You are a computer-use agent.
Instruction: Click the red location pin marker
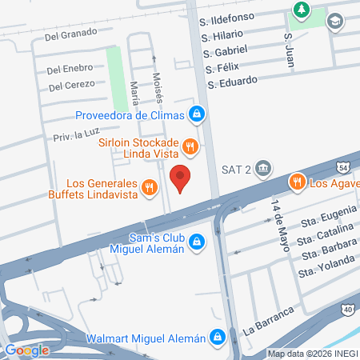pos(181,178)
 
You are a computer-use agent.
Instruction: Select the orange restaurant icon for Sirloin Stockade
pos(190,146)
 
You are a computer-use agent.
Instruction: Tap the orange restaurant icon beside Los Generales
pos(148,188)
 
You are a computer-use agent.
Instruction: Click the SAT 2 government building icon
pos(264,169)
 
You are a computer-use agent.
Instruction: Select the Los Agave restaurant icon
pos(297,182)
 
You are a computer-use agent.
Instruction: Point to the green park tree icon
pos(302,10)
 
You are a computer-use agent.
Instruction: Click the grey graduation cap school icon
pos(335,21)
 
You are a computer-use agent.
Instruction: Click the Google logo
pos(26,350)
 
